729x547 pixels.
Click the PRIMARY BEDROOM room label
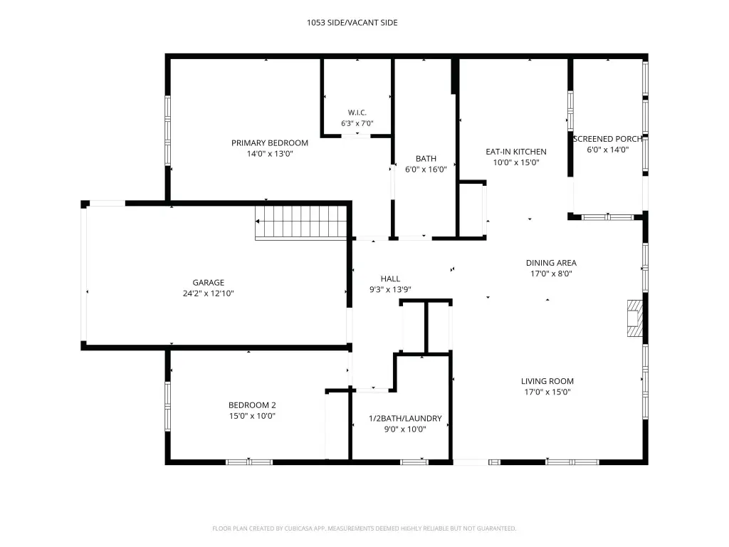(x=270, y=142)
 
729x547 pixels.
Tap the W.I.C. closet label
(x=357, y=113)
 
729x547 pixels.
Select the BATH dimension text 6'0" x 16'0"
(x=426, y=170)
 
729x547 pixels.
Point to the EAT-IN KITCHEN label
(x=516, y=152)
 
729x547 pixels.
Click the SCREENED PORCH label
(x=608, y=139)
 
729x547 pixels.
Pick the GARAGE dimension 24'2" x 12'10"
(x=209, y=293)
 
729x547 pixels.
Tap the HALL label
(x=390, y=278)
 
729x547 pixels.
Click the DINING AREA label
(x=551, y=263)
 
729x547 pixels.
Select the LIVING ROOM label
(x=547, y=381)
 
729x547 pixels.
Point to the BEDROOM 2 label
(x=252, y=405)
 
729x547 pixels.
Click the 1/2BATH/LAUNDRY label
(x=405, y=418)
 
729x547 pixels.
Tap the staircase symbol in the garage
(x=301, y=223)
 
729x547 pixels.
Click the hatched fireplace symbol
(x=635, y=318)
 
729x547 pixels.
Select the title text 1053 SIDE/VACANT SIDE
(x=352, y=22)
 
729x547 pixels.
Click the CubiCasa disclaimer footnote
(x=364, y=528)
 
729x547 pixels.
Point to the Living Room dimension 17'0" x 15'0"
(x=547, y=392)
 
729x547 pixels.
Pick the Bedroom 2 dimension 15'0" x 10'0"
(x=252, y=416)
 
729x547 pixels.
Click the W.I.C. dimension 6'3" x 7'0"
(x=357, y=123)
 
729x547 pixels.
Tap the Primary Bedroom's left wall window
(x=168, y=131)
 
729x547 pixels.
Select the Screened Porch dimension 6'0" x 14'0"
(x=608, y=150)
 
